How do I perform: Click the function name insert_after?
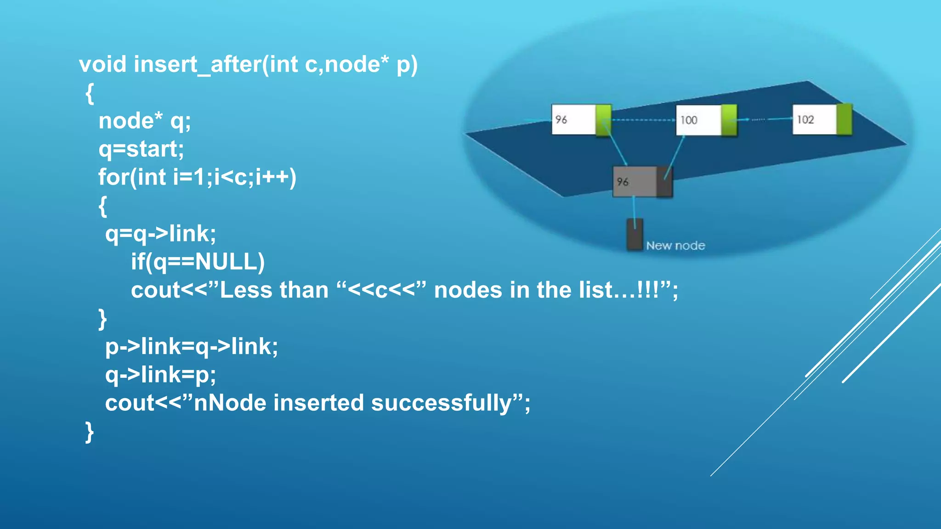(x=198, y=64)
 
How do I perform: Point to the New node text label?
(x=675, y=246)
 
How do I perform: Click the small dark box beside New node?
(x=635, y=235)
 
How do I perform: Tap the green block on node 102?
(x=845, y=119)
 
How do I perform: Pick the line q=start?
(x=141, y=149)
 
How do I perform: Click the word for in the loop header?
(x=113, y=177)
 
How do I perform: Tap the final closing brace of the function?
(x=90, y=432)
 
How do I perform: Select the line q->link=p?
(x=160, y=375)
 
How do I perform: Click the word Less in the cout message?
(x=246, y=290)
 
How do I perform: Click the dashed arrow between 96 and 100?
(x=643, y=120)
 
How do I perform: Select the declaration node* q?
(x=144, y=121)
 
